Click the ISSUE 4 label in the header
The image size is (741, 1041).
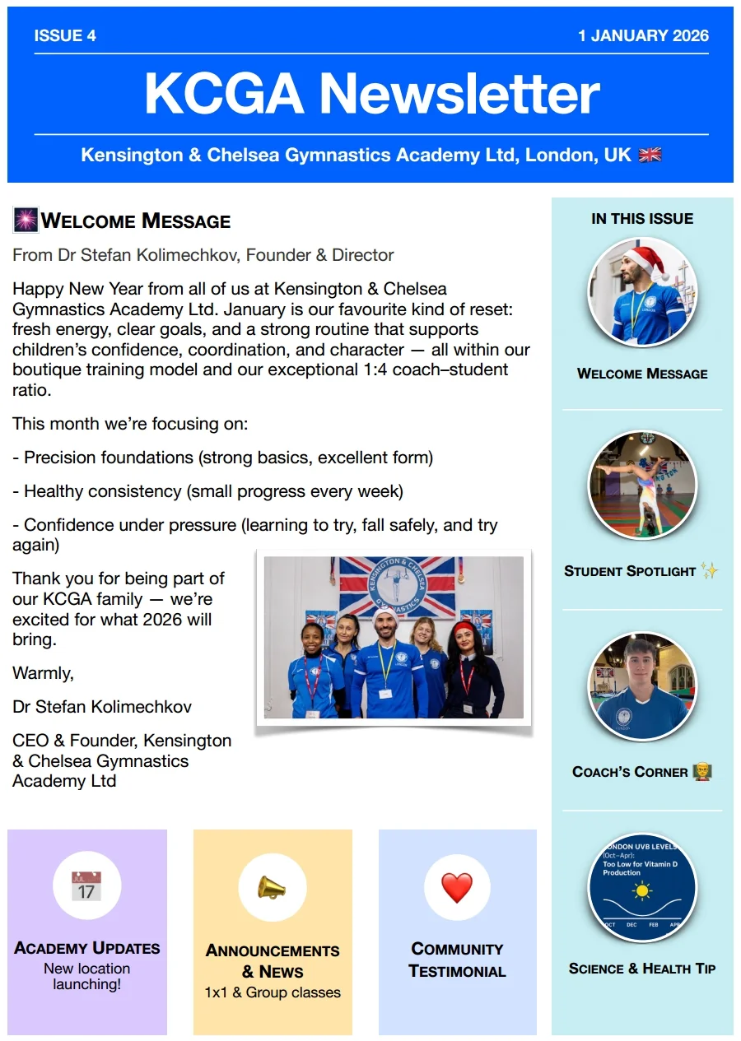(65, 36)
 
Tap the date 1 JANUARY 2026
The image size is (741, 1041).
(643, 36)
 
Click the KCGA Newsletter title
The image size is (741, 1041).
(371, 93)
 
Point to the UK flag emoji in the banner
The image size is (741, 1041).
(650, 155)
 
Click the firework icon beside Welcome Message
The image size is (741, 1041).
(26, 221)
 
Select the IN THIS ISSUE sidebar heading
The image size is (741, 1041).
(642, 219)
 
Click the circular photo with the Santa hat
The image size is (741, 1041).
(642, 291)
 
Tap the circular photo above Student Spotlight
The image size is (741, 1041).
(642, 485)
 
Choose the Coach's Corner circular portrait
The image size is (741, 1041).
(642, 686)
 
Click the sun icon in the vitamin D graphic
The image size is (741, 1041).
(642, 890)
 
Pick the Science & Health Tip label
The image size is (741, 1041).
(642, 969)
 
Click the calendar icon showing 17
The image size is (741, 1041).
(86, 886)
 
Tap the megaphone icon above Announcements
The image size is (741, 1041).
(272, 887)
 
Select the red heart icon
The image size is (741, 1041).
(457, 887)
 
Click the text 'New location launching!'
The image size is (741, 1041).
(86, 976)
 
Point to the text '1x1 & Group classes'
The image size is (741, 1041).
(273, 992)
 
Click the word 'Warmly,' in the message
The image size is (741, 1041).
(43, 673)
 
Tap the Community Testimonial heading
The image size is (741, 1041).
(457, 960)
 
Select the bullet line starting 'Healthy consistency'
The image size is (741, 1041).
(212, 491)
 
